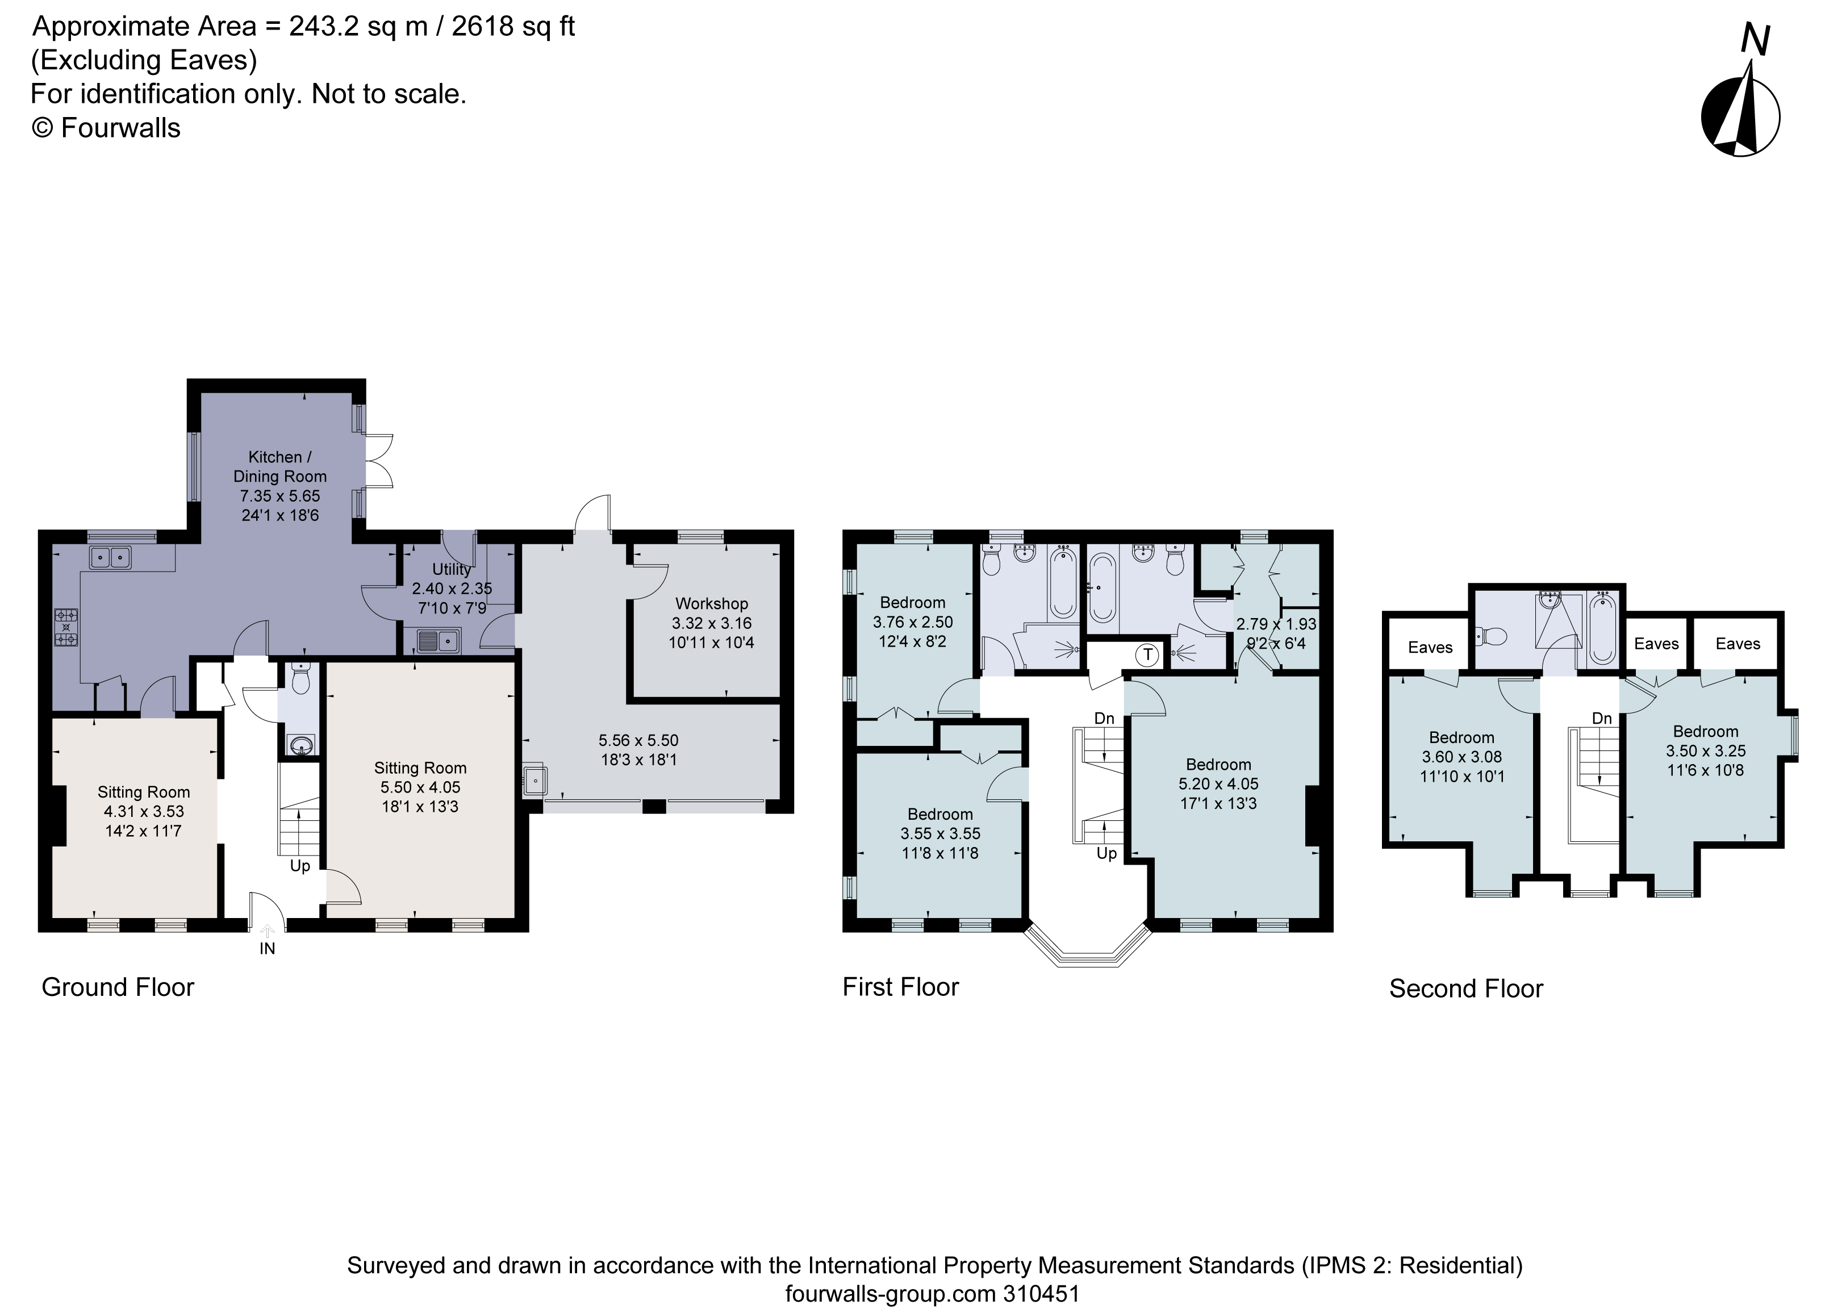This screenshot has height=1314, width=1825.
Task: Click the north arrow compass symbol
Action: pos(1740,116)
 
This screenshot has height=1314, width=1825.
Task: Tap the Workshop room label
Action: pos(711,603)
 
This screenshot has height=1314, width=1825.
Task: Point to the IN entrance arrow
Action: pos(267,933)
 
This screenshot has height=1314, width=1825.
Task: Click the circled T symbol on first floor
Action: pos(1147,655)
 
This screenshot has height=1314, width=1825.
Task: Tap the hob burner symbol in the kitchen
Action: pos(66,628)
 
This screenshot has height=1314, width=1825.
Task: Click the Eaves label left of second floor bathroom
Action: pos(1430,648)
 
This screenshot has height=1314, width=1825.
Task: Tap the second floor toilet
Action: pos(1491,637)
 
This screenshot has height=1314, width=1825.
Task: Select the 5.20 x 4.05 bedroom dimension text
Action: pos(1218,784)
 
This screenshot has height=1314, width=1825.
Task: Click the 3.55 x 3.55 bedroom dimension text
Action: pos(940,833)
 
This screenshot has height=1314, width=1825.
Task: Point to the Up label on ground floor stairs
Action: pos(299,866)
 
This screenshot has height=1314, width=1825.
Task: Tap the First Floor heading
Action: pos(900,987)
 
